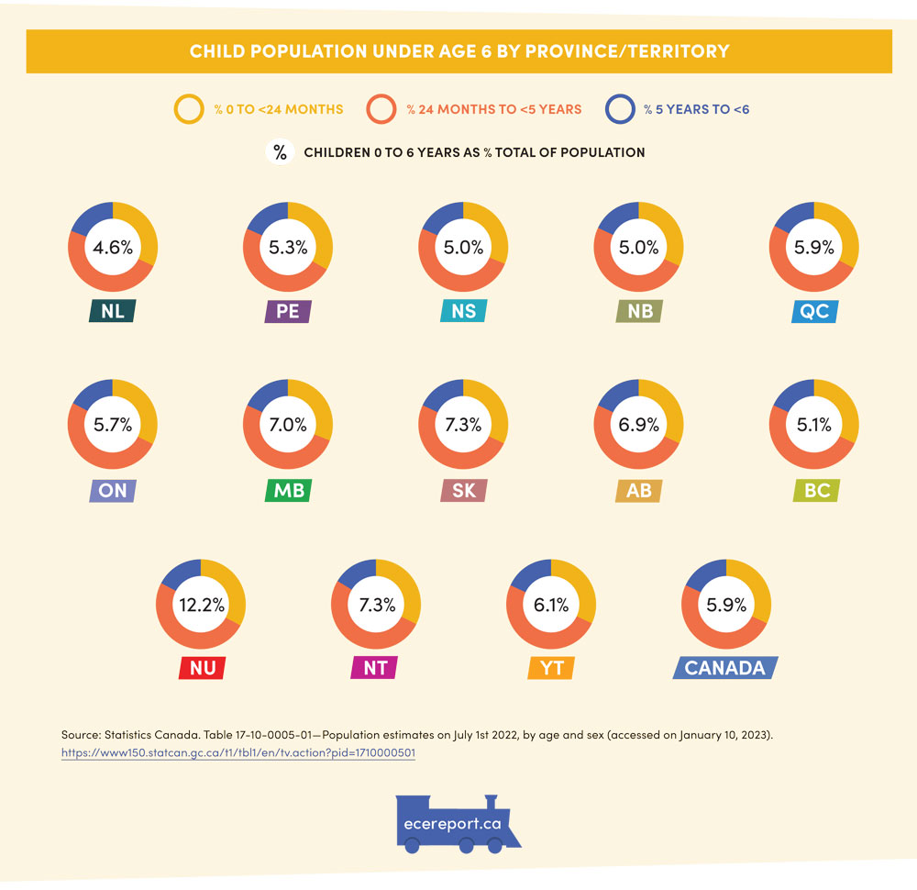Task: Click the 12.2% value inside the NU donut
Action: (x=201, y=605)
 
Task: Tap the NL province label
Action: (x=113, y=311)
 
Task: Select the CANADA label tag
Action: (x=724, y=667)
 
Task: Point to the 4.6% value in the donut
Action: (x=113, y=248)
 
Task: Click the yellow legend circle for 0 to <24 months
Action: (x=189, y=109)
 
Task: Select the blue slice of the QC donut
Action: (x=790, y=217)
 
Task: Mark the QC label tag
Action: (x=813, y=311)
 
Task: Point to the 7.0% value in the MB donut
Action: (x=288, y=426)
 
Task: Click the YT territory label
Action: (x=551, y=667)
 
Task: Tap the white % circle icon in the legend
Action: (x=279, y=152)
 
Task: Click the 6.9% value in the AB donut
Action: (x=638, y=426)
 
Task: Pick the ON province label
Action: (x=113, y=490)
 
